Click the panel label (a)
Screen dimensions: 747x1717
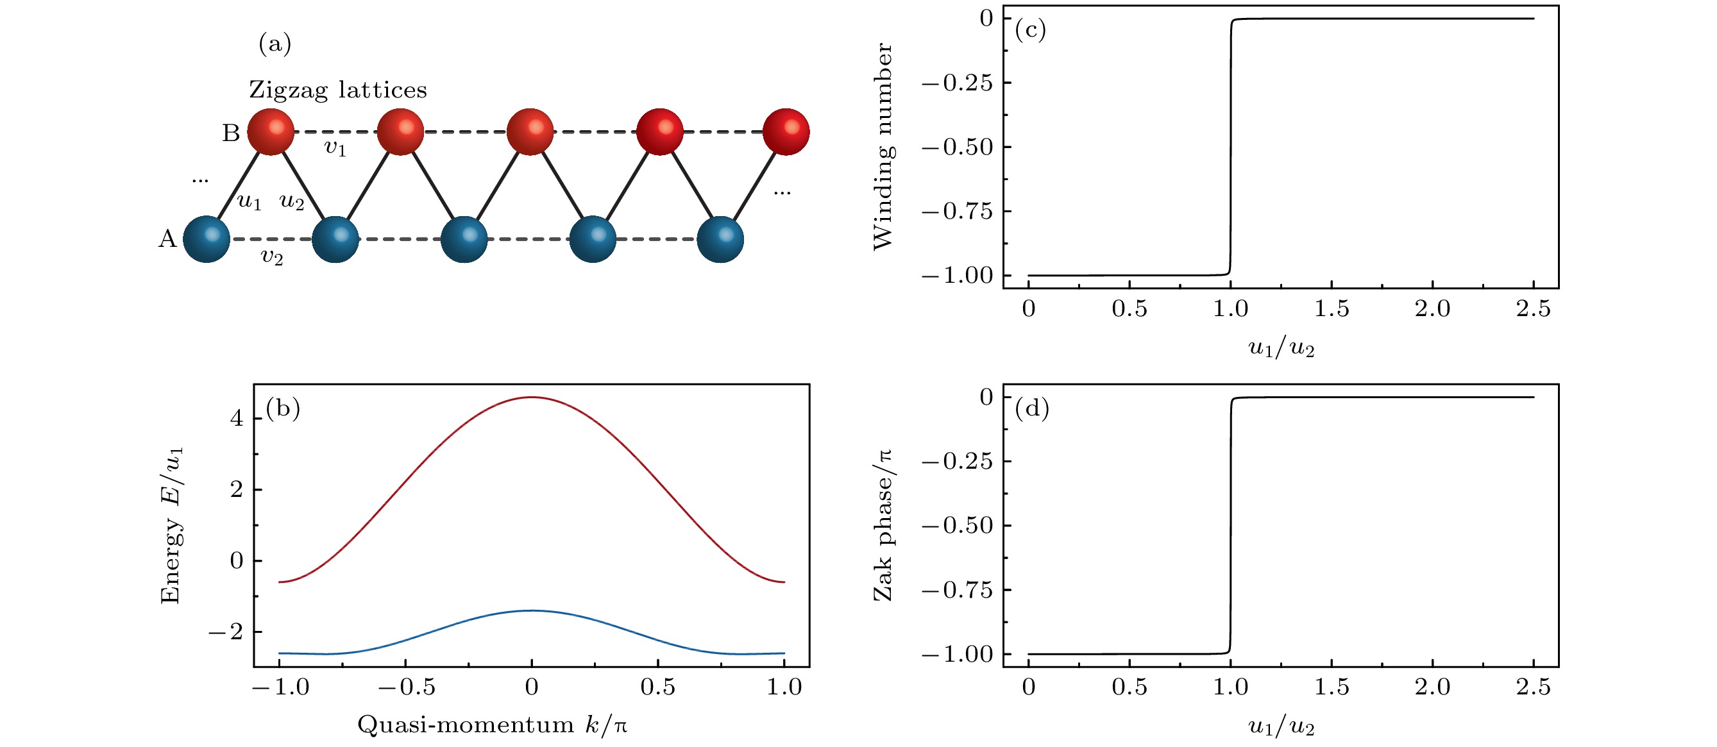275,44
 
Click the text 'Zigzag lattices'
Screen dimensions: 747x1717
338,89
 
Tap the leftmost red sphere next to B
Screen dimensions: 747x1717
271,132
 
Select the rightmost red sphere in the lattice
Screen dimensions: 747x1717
786,132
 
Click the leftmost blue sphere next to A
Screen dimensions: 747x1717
207,239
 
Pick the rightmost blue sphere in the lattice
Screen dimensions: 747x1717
720,239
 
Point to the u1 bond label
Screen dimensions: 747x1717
250,201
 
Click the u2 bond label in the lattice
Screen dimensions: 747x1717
292,201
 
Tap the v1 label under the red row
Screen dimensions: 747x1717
335,147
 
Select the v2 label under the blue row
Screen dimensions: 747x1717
271,256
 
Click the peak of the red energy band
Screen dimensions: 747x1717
531,397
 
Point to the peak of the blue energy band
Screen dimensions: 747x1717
531,610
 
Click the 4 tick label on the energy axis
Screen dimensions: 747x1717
237,419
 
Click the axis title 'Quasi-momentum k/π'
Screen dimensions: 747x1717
493,725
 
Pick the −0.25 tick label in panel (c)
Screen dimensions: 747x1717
957,83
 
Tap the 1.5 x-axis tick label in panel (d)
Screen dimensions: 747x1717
1331,687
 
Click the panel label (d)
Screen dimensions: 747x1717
1031,408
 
